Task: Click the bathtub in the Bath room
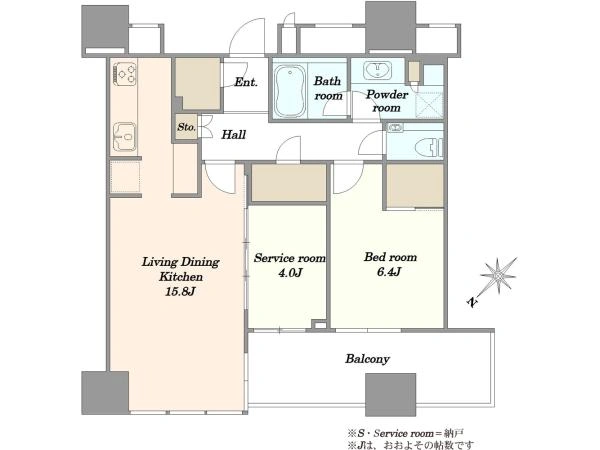tap(290, 90)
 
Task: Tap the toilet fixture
tap(430, 146)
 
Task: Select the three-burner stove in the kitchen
tap(125, 73)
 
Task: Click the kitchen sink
tap(125, 137)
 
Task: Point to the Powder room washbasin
tap(377, 71)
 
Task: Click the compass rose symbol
tap(498, 276)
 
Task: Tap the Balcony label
tap(367, 359)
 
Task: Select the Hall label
tap(233, 134)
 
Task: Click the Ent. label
tap(246, 82)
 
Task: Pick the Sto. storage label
tap(186, 127)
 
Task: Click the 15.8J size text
tap(180, 292)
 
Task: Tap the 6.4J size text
tap(389, 272)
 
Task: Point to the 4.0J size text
tap(290, 273)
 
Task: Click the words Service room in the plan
tap(290, 258)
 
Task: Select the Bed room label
tap(390, 257)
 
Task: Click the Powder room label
tap(387, 101)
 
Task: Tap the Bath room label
tap(328, 88)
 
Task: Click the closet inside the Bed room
tap(415, 186)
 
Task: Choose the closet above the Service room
tap(289, 183)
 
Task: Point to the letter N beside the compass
tap(473, 302)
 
